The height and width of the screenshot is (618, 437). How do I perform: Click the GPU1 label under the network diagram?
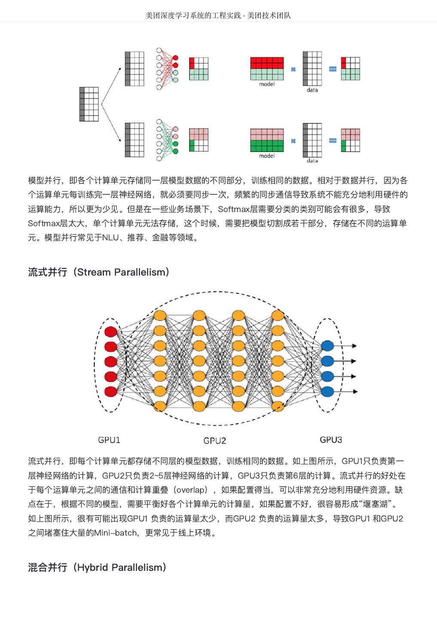coord(109,439)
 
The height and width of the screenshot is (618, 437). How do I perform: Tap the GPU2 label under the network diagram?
coord(215,440)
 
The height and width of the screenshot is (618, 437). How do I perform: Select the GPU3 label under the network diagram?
coord(331,439)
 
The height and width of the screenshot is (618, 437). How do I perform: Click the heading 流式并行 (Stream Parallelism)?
coord(99,272)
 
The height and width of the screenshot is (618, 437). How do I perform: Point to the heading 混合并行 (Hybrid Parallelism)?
coord(97,567)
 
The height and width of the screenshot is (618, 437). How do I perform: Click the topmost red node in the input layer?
coord(111,332)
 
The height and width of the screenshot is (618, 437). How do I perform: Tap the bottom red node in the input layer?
coord(111,391)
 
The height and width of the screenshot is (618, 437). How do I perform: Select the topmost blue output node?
coord(327,346)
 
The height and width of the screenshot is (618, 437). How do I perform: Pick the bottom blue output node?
coord(327,391)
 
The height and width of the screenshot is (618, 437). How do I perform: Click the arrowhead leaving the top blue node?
coord(354,346)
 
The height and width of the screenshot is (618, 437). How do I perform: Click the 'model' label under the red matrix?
coord(267,85)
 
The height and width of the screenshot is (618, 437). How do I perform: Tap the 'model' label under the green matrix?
coord(267,156)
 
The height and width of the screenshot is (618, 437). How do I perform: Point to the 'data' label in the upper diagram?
coord(312,90)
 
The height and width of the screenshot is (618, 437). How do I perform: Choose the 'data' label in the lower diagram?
coord(312,161)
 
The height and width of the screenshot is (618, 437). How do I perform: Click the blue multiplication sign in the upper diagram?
coord(293,69)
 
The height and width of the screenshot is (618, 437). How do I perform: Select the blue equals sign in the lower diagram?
coord(333,140)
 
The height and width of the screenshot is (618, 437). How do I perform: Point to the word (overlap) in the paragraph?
coord(191,490)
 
